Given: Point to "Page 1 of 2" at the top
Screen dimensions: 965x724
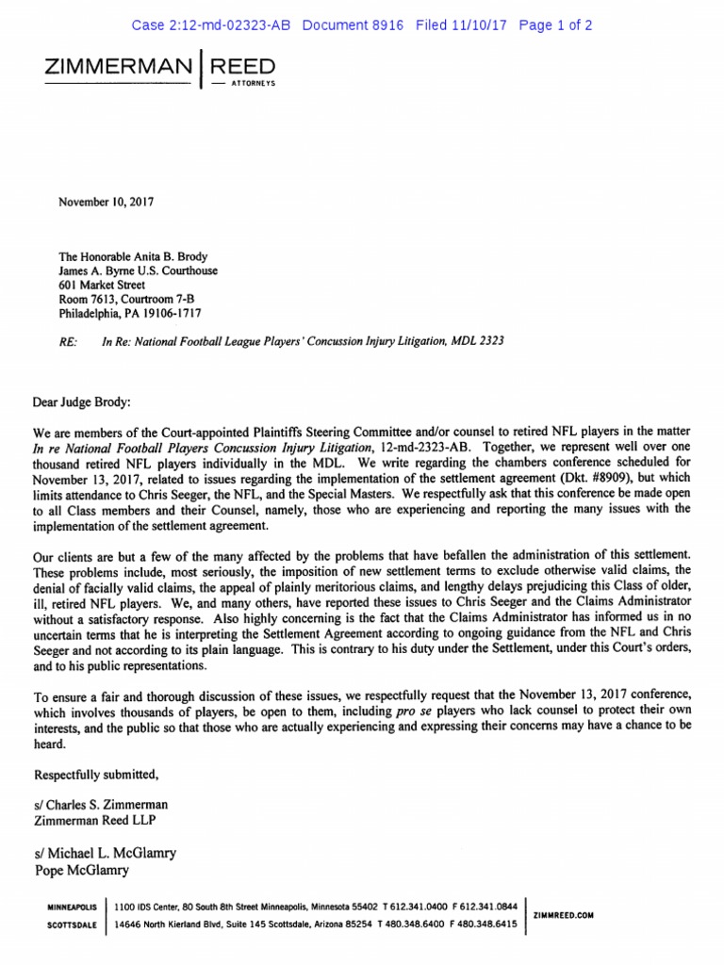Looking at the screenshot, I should pos(555,25).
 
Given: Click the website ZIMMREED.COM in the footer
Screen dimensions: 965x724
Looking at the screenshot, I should pos(563,915).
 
